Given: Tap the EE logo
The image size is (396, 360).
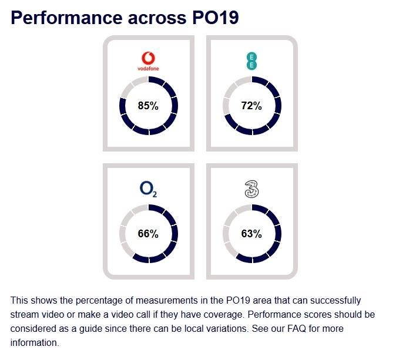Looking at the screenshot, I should (x=251, y=61).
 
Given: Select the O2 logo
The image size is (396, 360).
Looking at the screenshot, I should (x=148, y=189).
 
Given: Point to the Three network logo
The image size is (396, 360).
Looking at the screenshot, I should (x=251, y=189).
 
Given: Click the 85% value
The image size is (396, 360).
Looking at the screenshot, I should (x=148, y=106).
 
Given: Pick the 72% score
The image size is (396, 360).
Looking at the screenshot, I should (x=251, y=106).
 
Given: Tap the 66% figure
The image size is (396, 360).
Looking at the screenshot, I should (x=148, y=234).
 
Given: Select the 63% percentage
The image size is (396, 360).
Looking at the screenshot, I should (x=251, y=234).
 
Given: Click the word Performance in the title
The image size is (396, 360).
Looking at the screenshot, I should (x=64, y=18).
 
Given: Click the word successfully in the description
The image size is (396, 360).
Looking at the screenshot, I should (x=334, y=300).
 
